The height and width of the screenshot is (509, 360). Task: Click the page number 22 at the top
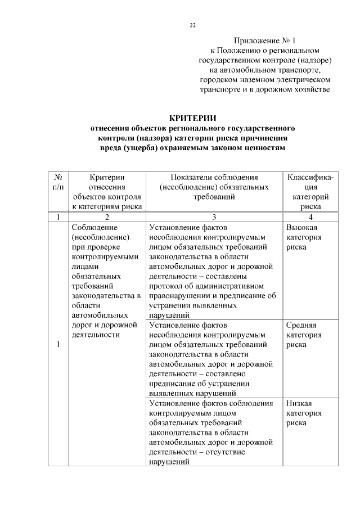(192, 25)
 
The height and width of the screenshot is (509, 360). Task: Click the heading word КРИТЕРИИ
(193, 118)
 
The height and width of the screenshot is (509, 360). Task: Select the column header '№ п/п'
(57, 182)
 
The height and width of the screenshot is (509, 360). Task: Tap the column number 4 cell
(310, 217)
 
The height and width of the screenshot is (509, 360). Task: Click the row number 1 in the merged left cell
(57, 345)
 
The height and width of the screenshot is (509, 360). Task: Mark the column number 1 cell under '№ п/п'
(57, 217)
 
